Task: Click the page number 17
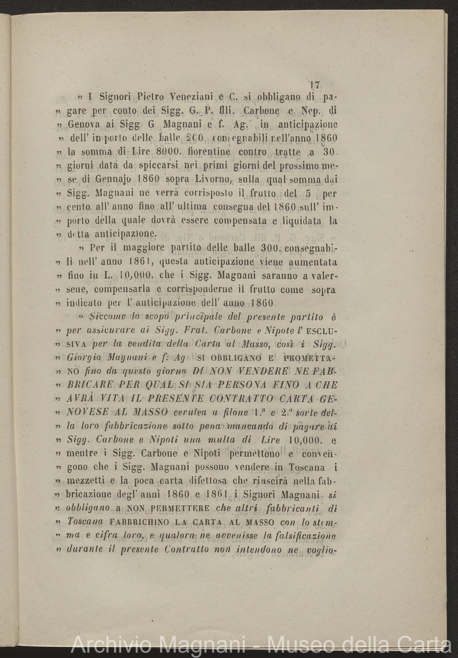[315, 85]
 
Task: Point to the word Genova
[86, 125]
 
